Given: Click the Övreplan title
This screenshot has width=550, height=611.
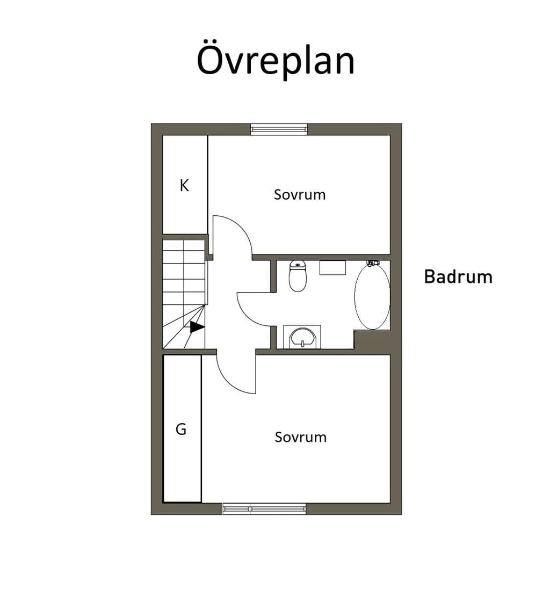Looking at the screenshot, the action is (x=276, y=61).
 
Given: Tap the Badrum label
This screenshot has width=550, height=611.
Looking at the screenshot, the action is (x=458, y=277).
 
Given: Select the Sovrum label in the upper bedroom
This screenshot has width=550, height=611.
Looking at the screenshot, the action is (x=299, y=194).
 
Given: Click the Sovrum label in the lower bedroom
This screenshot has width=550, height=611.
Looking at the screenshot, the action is (x=300, y=437).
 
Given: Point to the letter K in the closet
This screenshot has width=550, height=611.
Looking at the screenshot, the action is (x=184, y=185).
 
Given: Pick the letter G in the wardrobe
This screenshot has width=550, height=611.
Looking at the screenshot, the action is (x=181, y=429).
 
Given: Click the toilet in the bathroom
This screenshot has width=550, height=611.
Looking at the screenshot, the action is (x=298, y=276).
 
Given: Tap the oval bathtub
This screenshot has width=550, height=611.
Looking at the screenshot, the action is (x=372, y=296).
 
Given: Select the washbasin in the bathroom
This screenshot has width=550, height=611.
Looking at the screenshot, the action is (x=302, y=337).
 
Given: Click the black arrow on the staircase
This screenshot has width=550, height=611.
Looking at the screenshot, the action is (x=197, y=328).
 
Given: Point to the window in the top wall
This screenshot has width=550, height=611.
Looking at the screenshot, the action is (x=279, y=129).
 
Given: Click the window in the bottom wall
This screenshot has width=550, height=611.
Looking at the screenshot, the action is (x=264, y=509).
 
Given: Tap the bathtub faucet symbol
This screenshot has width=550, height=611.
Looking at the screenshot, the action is (x=373, y=263).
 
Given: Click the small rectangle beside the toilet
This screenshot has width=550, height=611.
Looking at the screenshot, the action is (x=333, y=268).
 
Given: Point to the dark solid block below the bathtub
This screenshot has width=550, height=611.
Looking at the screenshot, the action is (x=372, y=339).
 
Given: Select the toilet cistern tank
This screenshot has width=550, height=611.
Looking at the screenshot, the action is (x=298, y=265).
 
